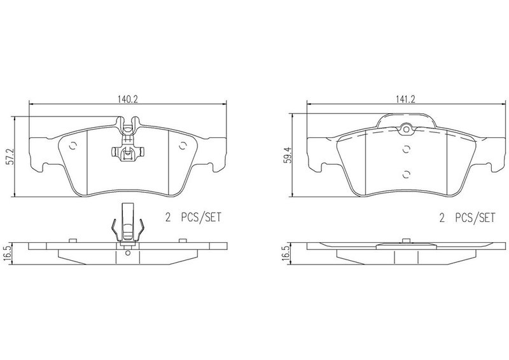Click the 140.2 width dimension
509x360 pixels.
pos(128,99)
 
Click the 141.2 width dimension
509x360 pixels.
pos(405,99)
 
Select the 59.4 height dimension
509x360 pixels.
pos(288,155)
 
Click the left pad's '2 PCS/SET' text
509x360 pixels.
pos(193,217)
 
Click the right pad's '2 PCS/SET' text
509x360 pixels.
pos(468,217)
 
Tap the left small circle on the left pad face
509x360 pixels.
pos(73,146)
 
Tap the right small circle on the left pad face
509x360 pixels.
pos(183,146)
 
